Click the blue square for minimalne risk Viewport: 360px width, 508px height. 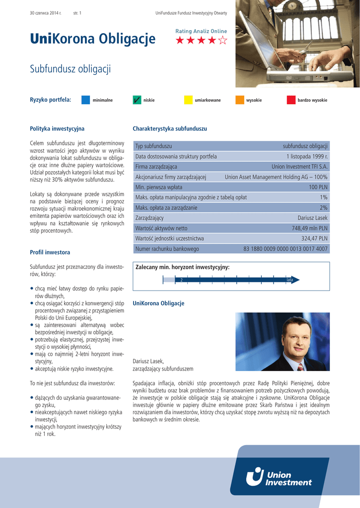click(x=85, y=100)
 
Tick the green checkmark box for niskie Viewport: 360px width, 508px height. click(x=137, y=100)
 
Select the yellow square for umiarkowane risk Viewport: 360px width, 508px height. click(x=188, y=100)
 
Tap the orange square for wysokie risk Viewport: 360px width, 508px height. click(x=240, y=100)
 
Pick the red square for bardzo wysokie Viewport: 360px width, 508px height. click(x=291, y=100)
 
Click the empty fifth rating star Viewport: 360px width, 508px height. click(x=223, y=41)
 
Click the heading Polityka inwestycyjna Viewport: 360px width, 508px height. click(x=57, y=128)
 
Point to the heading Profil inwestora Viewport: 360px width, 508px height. click(x=50, y=253)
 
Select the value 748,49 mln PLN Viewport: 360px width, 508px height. click(x=309, y=228)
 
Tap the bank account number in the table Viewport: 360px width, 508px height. click(x=286, y=249)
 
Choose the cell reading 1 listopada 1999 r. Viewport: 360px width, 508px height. click(x=307, y=156)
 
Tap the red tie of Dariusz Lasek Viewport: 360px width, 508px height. click(x=300, y=367)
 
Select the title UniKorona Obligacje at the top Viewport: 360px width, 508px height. click(x=93, y=39)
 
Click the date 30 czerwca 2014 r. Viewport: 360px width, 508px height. click(x=46, y=12)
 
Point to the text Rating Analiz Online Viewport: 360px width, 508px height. click(x=201, y=31)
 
